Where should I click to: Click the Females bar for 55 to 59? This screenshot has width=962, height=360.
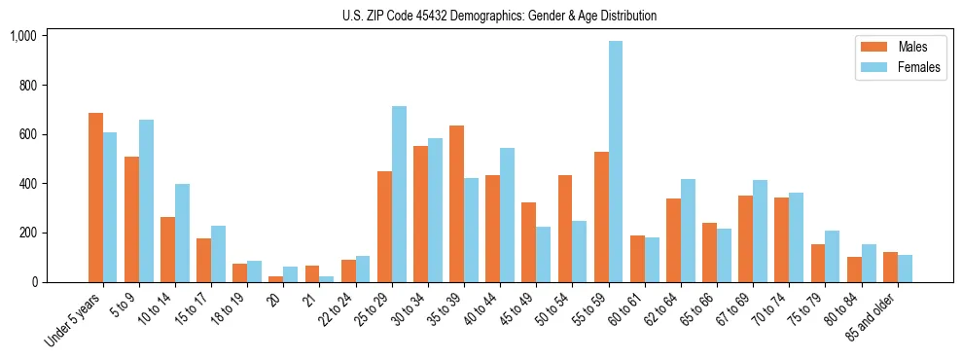616,162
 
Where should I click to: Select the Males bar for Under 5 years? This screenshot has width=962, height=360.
95,198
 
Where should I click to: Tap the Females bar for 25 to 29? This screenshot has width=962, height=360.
399,195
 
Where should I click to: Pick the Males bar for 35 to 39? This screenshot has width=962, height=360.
457,203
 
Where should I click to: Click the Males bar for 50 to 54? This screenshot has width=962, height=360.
565,229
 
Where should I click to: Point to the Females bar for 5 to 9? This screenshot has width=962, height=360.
146,200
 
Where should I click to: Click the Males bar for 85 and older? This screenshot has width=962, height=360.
890,267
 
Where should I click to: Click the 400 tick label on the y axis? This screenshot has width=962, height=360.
26,184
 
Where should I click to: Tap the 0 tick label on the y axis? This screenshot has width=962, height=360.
33,282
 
